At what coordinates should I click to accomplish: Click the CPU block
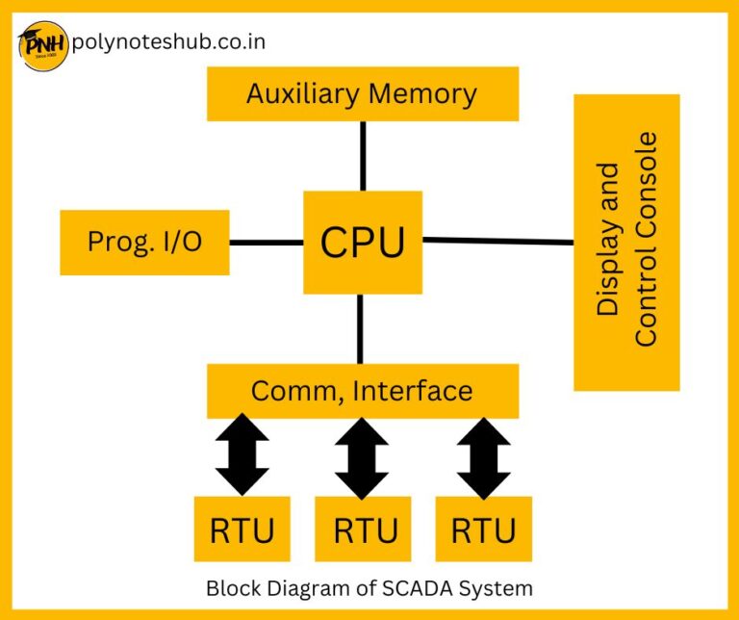click(x=363, y=242)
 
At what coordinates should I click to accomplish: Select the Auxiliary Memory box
click(x=363, y=93)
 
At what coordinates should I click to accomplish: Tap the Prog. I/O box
click(x=144, y=242)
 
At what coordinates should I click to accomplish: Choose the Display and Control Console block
click(x=626, y=242)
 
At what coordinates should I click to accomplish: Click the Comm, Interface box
click(x=363, y=391)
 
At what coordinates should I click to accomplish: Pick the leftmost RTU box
click(x=242, y=529)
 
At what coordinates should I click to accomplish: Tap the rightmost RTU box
click(x=483, y=529)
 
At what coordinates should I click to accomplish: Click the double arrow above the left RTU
click(x=242, y=455)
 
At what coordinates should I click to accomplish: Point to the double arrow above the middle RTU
click(x=363, y=455)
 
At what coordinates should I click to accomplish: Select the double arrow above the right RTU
click(x=483, y=455)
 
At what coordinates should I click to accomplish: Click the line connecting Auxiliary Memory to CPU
click(x=363, y=155)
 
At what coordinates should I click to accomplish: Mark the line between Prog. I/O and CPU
click(x=267, y=242)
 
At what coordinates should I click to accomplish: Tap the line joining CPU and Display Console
click(x=497, y=241)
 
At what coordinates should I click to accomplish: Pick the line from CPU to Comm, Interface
click(x=361, y=328)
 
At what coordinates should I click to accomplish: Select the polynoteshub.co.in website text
click(x=168, y=42)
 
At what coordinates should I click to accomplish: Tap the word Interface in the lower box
click(x=413, y=391)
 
